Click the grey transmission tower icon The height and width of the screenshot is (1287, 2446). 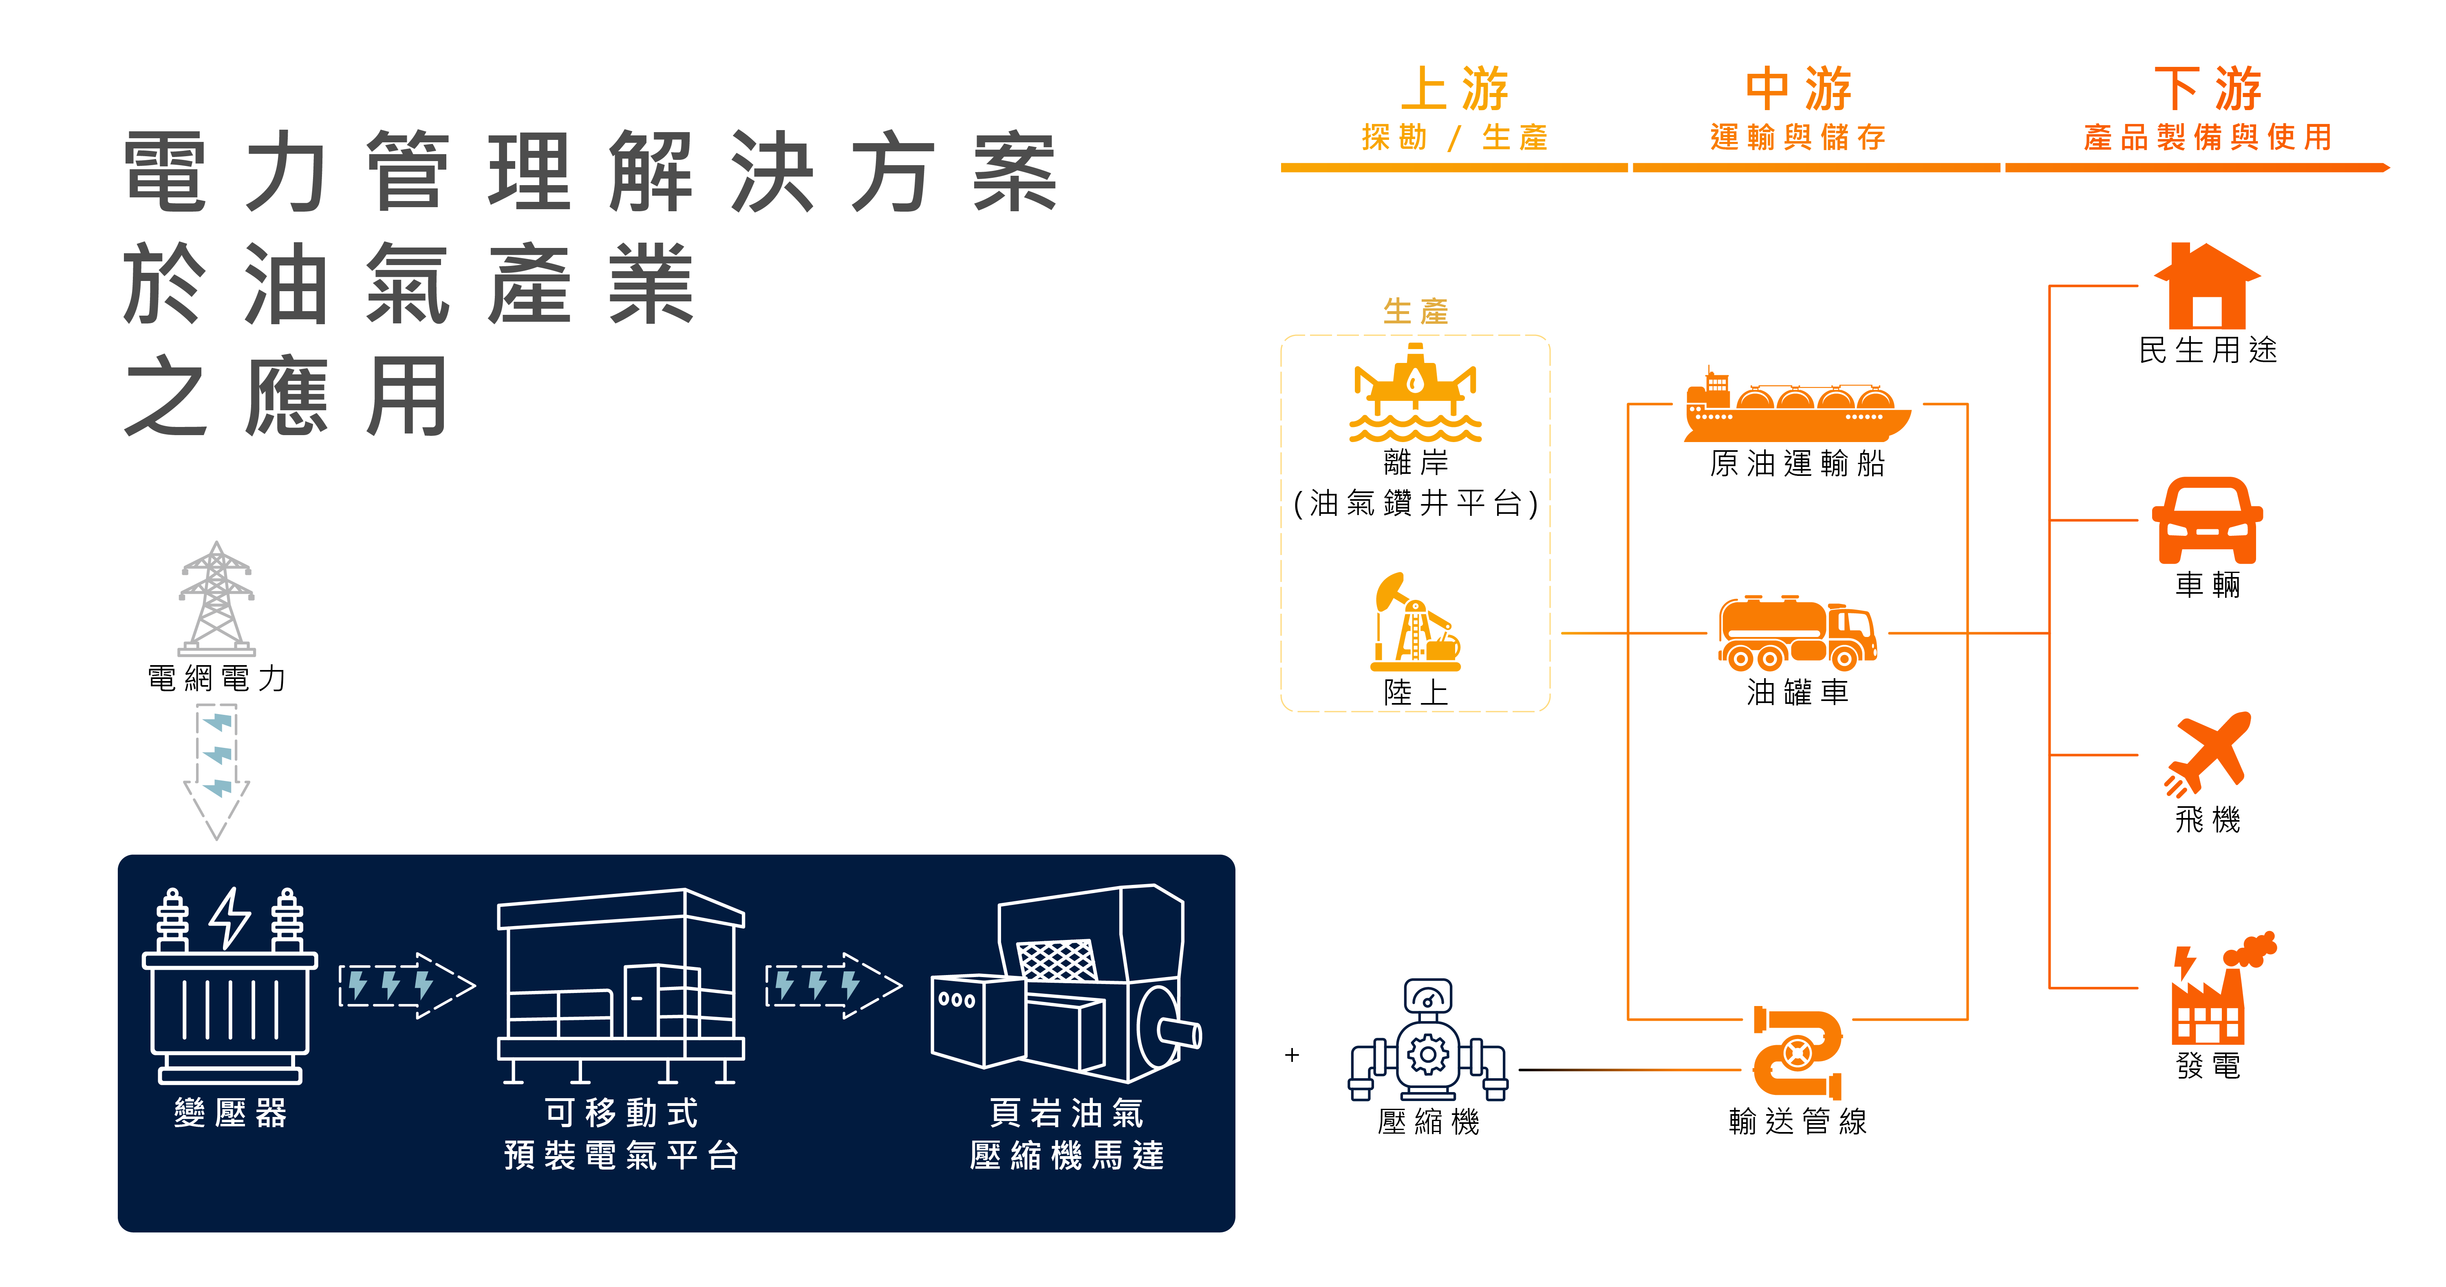pyautogui.click(x=216, y=598)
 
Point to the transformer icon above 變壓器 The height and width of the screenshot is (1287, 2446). pyautogui.click(x=229, y=988)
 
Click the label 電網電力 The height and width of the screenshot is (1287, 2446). pyautogui.click(x=216, y=678)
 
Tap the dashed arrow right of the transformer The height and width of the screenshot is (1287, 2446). pyautogui.click(x=406, y=985)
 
